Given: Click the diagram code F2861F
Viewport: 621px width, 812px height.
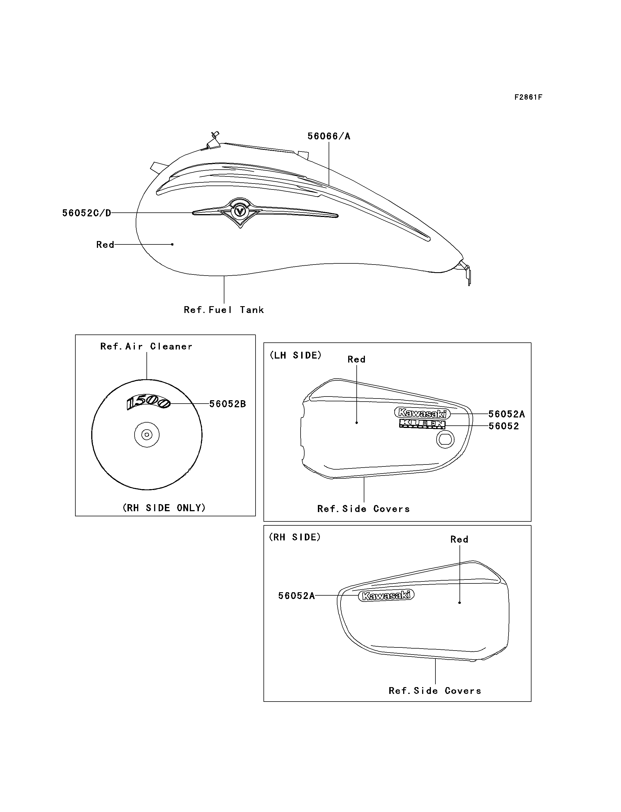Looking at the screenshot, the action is coord(528,97).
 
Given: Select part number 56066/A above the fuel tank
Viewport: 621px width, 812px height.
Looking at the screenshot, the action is coord(329,137).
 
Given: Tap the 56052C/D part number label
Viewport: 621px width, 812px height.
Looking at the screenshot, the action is coord(86,213).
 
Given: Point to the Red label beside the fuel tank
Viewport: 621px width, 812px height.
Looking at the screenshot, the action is coord(105,245).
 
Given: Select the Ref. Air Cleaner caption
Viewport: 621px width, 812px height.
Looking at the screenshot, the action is coord(146,346).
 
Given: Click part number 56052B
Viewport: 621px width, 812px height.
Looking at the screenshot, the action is coord(227,404).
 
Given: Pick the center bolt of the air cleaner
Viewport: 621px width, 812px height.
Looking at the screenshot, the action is coord(147,435).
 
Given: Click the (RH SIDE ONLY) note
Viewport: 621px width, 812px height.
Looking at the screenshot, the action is coord(164,508).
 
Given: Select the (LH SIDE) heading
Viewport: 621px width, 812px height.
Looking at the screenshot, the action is coord(295,355).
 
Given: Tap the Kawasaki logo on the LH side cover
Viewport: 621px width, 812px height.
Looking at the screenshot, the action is coord(422,413).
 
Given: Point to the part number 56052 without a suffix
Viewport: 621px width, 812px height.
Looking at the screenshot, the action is coord(503,426).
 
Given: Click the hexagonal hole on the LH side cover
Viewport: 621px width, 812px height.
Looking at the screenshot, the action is coord(445,440).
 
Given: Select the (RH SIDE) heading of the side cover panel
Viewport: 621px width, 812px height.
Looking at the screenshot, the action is coord(295,537).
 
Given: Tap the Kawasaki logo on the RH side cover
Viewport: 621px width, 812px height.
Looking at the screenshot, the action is coord(386,595).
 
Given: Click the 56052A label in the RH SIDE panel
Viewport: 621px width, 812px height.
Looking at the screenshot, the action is coord(296,596).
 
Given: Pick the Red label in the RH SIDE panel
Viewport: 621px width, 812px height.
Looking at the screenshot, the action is coord(459,539).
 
